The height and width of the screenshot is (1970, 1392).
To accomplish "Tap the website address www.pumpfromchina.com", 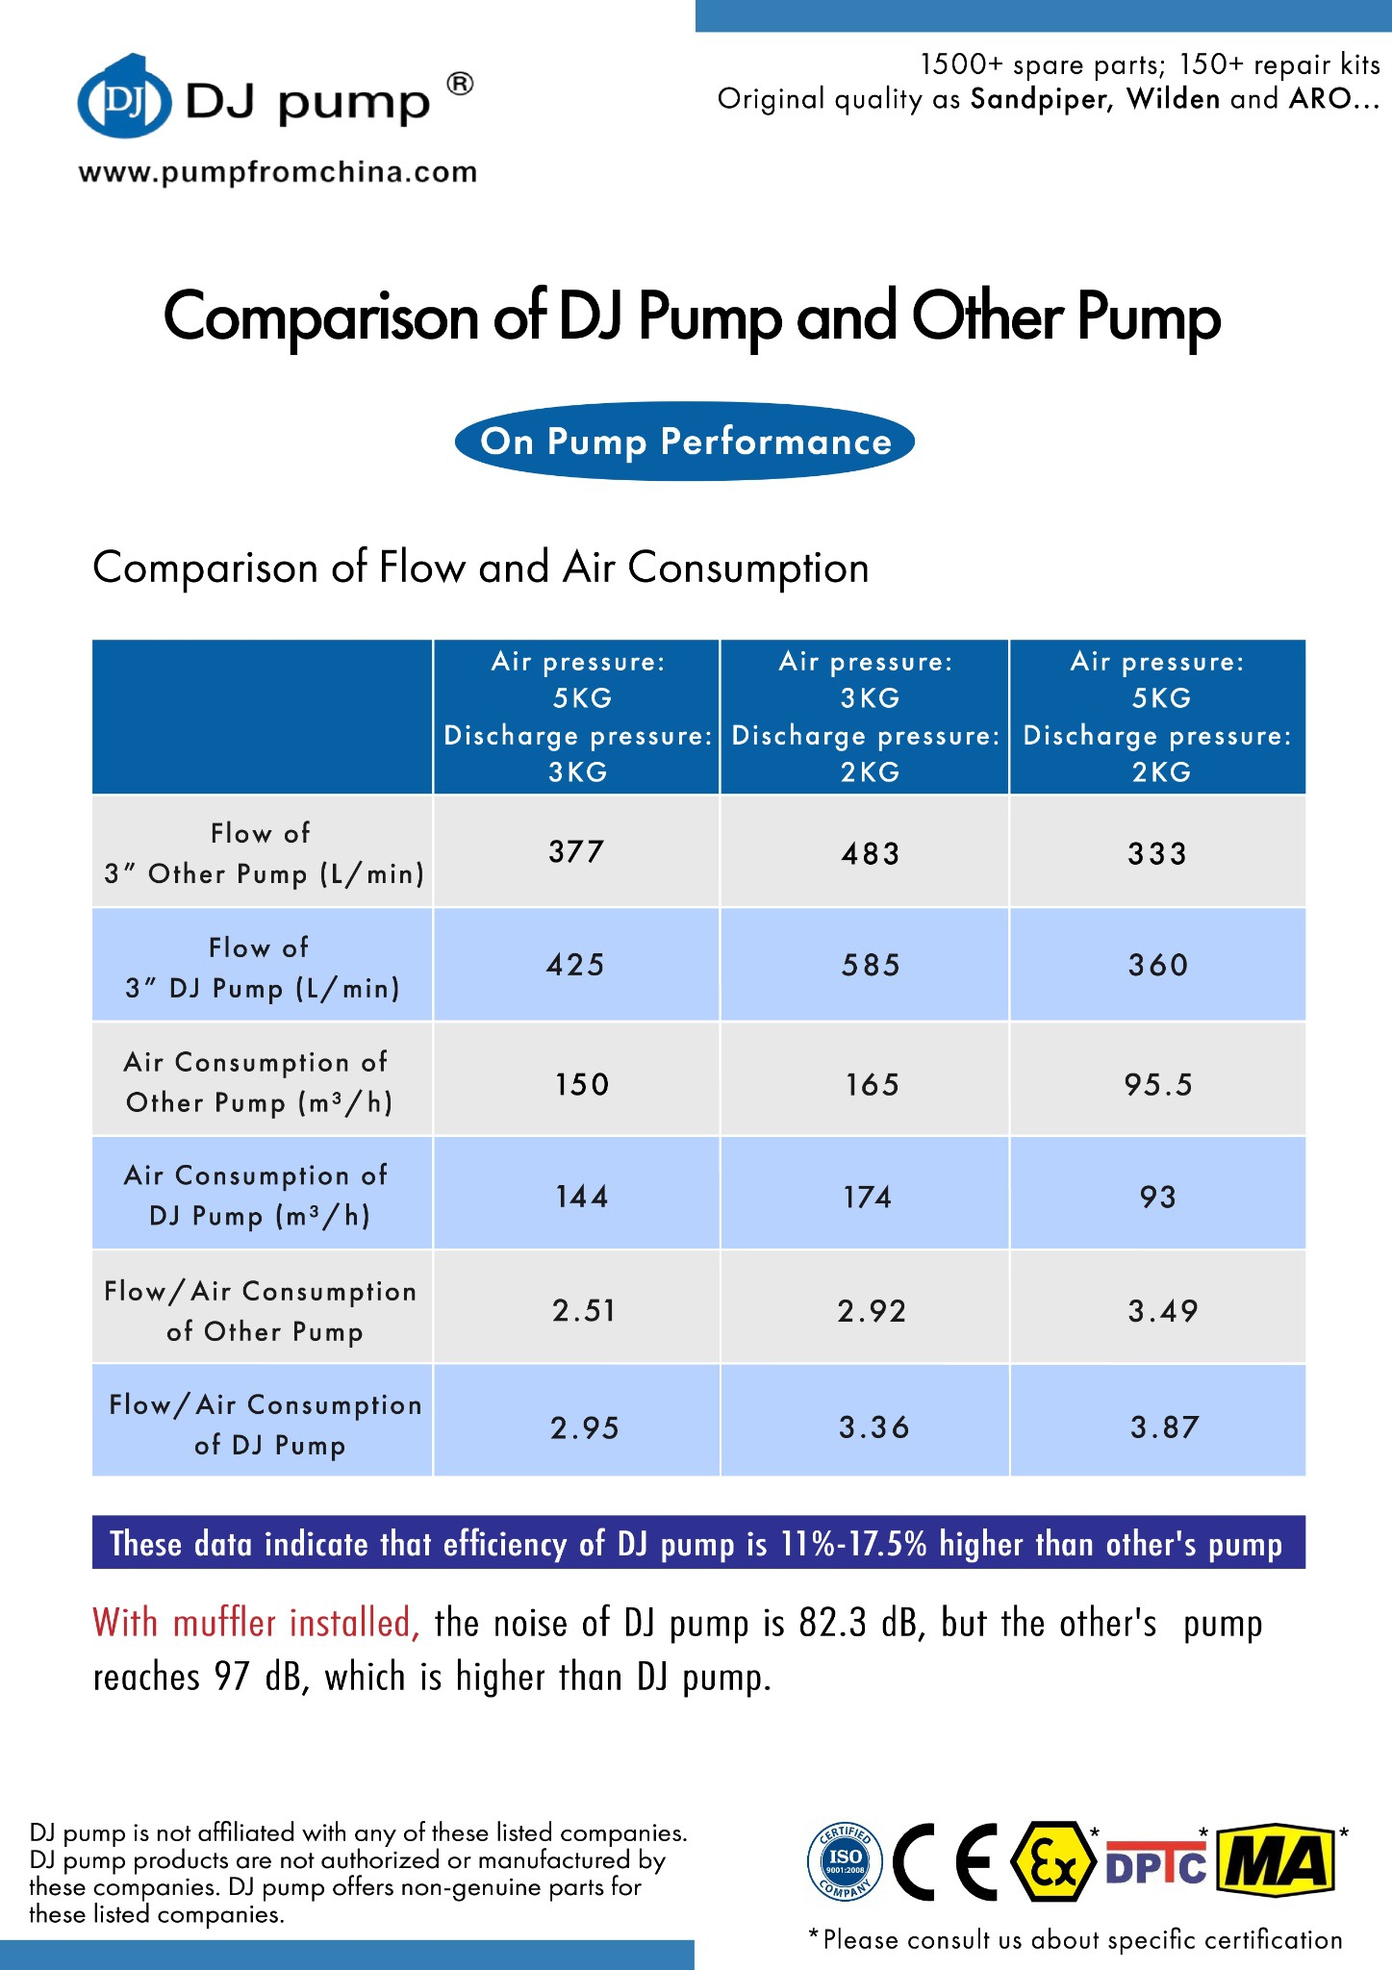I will pyautogui.click(x=277, y=173).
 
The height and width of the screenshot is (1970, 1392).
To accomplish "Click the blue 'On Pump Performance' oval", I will pyautogui.click(x=685, y=442).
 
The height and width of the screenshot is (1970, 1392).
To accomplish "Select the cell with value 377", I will pyautogui.click(x=576, y=851).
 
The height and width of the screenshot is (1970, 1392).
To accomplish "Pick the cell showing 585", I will pyautogui.click(x=871, y=965).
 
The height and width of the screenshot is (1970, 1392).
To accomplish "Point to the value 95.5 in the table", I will pyautogui.click(x=1157, y=1085).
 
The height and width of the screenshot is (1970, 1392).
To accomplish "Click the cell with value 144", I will pyautogui.click(x=582, y=1197).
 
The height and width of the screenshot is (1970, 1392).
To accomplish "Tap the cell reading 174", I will pyautogui.click(x=868, y=1198).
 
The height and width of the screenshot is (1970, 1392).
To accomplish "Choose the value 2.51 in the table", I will pyautogui.click(x=584, y=1310).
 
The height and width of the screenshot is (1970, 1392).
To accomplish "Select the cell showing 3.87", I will pyautogui.click(x=1164, y=1427).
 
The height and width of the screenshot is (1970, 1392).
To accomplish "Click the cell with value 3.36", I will pyautogui.click(x=873, y=1427).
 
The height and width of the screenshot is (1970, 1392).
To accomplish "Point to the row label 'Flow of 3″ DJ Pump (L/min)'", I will pyautogui.click(x=262, y=968).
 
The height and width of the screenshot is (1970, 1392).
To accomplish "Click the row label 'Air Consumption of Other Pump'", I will pyautogui.click(x=258, y=1082).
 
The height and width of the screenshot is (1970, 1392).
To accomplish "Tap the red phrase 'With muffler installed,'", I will pyautogui.click(x=256, y=1623).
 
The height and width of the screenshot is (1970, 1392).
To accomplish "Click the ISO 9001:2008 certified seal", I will pyautogui.click(x=845, y=1861).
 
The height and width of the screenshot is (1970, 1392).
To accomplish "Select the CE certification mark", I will pyautogui.click(x=946, y=1861).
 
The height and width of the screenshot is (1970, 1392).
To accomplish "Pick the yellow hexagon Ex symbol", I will pyautogui.click(x=1053, y=1861).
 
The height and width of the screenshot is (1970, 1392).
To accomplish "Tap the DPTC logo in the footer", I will pyautogui.click(x=1156, y=1864).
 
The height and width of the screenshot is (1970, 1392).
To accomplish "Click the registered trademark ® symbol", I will pyautogui.click(x=461, y=85).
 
